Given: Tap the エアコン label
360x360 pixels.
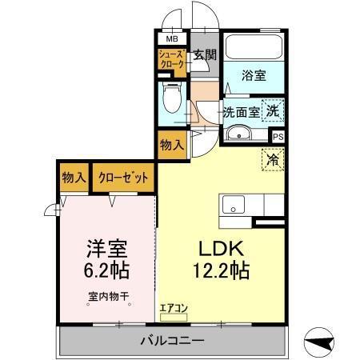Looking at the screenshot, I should click(x=172, y=306).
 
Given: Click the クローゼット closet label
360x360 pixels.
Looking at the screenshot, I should click(x=123, y=178).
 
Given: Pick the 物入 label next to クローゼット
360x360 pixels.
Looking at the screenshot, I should click(x=74, y=178).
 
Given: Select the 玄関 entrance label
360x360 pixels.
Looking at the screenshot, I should click(x=205, y=55).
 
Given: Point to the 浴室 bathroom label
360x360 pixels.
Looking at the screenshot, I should click(x=255, y=76).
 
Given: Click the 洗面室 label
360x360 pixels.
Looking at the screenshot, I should click(x=241, y=113).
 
